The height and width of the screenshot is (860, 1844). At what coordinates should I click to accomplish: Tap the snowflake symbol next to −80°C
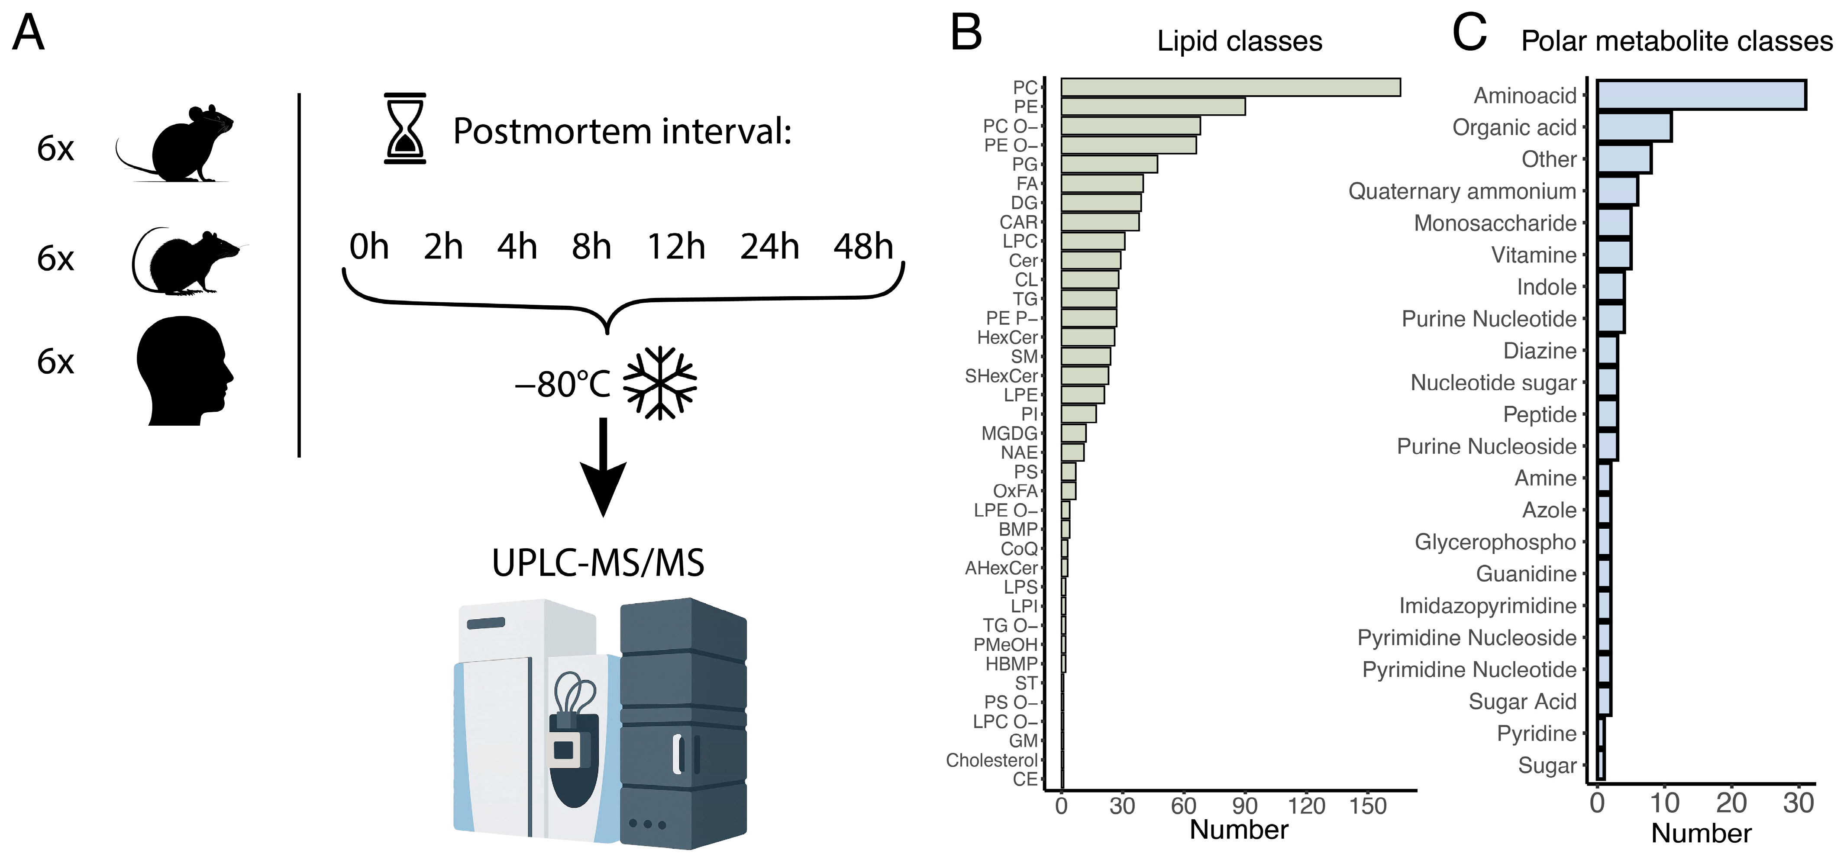coord(659,383)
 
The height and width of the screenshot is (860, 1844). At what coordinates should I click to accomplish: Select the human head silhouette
coord(184,371)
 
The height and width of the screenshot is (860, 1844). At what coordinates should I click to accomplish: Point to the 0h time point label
coord(368,247)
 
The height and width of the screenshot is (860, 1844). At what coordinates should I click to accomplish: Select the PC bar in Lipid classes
coord(1230,87)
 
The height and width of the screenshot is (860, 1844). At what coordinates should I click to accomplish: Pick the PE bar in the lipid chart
coord(1153,107)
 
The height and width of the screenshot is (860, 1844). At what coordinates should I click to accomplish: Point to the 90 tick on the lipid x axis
coord(1245,806)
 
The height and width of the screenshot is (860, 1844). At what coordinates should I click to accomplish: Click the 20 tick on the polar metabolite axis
coord(1731,803)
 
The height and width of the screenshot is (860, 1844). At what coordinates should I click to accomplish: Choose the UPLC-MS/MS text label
coord(598,563)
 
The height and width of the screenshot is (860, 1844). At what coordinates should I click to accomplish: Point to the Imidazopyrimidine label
coord(1488,606)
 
